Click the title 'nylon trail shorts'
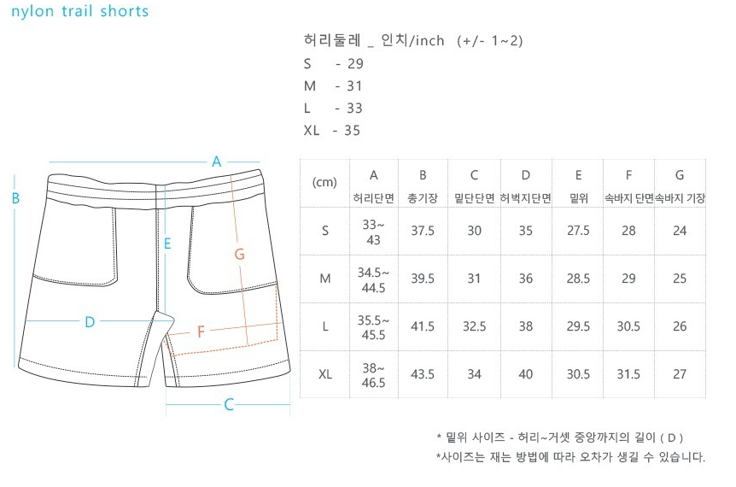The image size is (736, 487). point(80,11)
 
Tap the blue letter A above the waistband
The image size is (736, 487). point(217,161)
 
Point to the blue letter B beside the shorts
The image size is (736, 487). point(15,198)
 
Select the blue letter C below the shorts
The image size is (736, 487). point(229,405)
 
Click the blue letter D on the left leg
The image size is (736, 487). point(89,322)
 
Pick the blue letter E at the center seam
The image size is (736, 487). point(168,243)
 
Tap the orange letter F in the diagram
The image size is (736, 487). point(202,332)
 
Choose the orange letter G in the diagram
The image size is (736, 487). point(239,254)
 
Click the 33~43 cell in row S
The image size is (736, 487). point(374,231)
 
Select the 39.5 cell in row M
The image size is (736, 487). point(423,279)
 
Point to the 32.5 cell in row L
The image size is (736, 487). point(475,326)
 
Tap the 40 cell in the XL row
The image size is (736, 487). point(526,374)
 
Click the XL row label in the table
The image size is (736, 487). point(325,374)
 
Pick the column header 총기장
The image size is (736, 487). point(423,198)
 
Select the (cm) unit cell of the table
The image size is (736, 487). point(325,182)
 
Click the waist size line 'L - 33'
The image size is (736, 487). point(333,109)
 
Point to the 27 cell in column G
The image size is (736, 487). point(680,374)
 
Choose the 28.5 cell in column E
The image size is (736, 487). point(578,279)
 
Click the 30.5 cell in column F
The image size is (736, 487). point(628,326)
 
